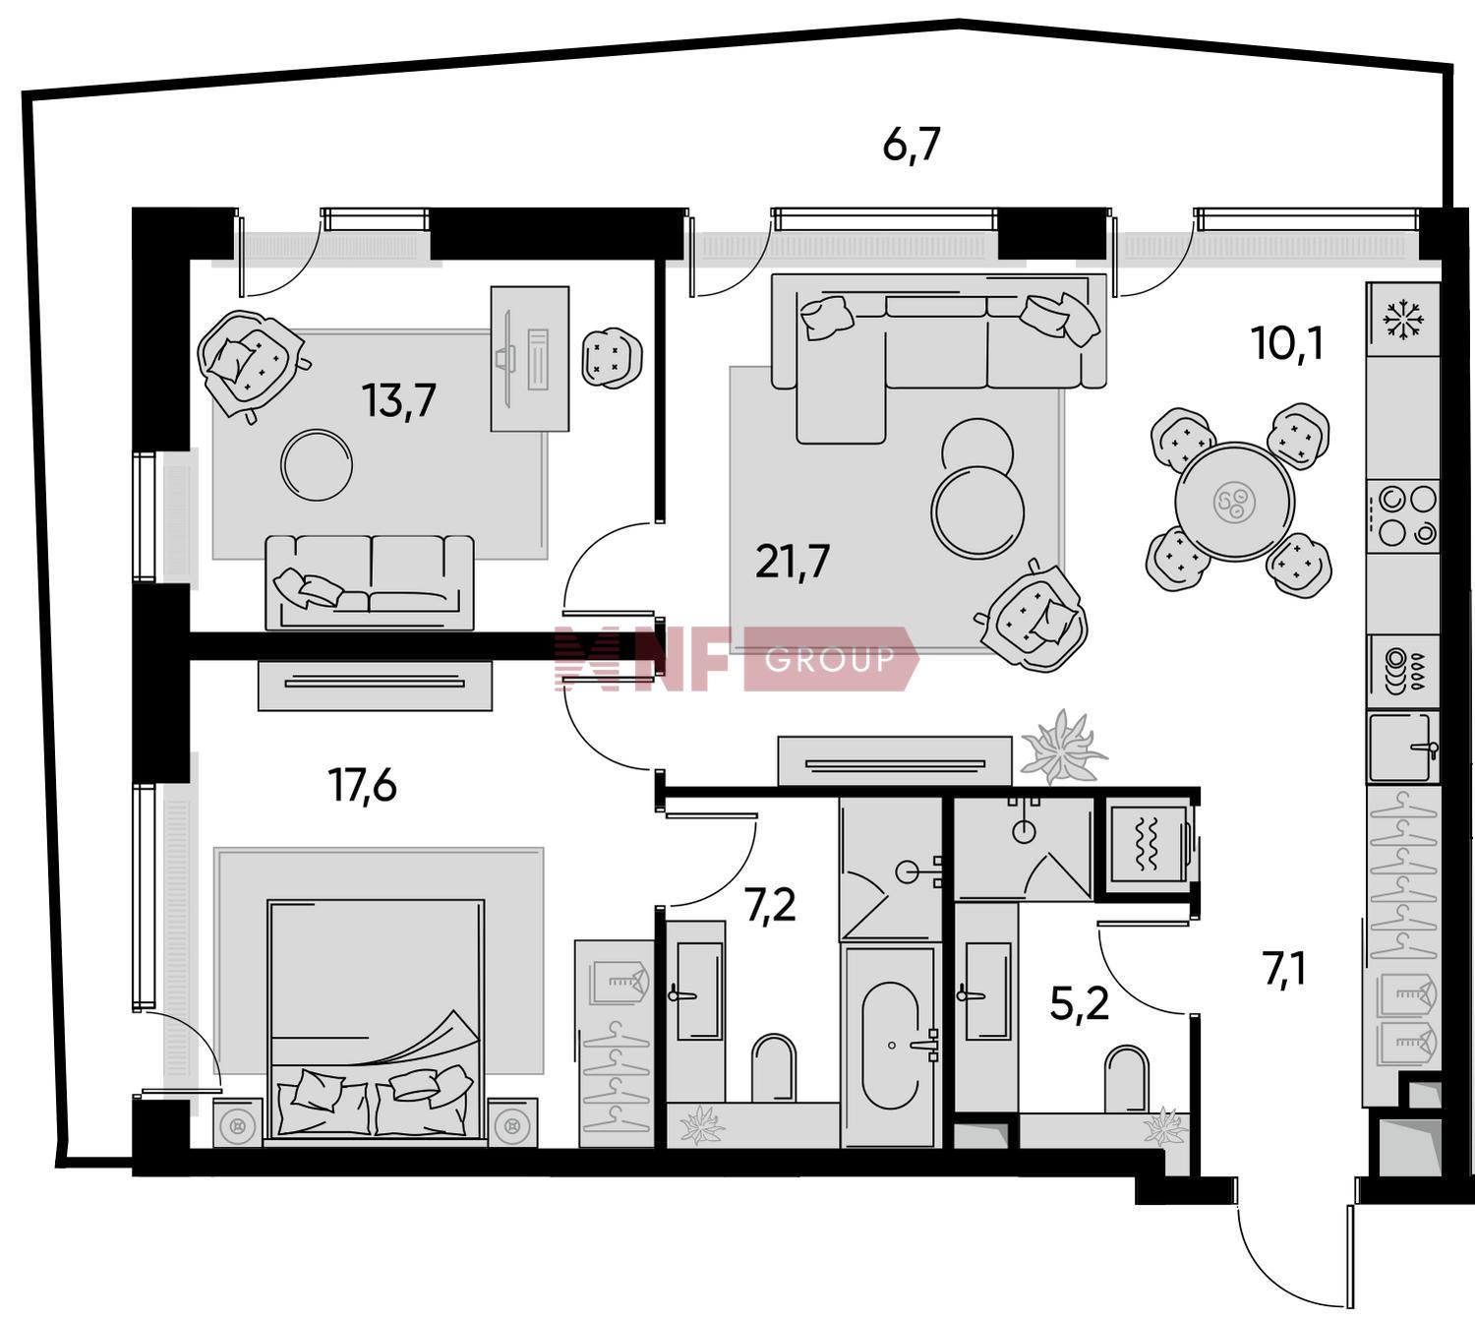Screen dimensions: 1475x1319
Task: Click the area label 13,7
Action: [x=399, y=400]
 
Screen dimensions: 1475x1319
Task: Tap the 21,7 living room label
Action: [x=793, y=562]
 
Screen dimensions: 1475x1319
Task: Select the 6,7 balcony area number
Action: [x=913, y=145]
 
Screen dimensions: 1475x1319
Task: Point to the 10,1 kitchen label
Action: [x=1287, y=343]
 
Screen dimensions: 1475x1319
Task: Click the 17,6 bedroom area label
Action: [x=363, y=785]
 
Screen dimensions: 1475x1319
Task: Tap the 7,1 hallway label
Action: [x=1285, y=971]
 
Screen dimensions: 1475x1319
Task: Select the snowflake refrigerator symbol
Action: [x=1403, y=319]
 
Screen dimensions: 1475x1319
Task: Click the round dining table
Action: [x=1235, y=501]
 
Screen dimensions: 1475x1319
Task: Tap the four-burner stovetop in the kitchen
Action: [x=1403, y=515]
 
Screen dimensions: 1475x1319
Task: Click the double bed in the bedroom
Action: [x=376, y=1017]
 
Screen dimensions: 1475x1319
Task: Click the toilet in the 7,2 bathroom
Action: [x=774, y=1068]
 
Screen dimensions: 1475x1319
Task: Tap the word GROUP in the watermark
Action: [x=829, y=658]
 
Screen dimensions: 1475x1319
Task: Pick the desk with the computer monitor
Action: [x=530, y=358]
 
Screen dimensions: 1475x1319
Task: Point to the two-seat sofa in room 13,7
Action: [x=370, y=582]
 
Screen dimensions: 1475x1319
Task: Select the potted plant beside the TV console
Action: [x=1061, y=748]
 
